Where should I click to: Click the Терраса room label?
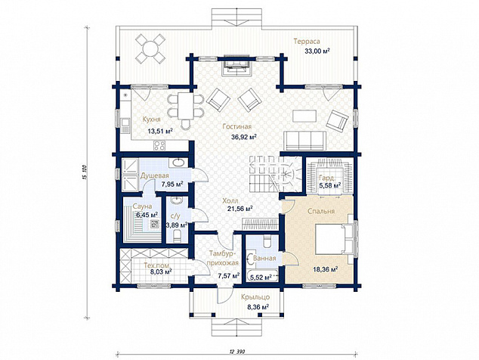pyautogui.click(x=307, y=42)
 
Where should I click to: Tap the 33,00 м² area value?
pyautogui.click(x=317, y=51)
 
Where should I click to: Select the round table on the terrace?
pyautogui.click(x=150, y=48)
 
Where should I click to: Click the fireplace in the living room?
pyautogui.click(x=237, y=66)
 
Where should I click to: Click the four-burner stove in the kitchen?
pyautogui.click(x=159, y=145)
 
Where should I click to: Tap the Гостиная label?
pyautogui.click(x=236, y=126)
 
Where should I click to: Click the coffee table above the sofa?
pyautogui.click(x=304, y=116)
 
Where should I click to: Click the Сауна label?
pyautogui.click(x=142, y=206)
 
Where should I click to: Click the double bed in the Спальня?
pyautogui.click(x=335, y=239)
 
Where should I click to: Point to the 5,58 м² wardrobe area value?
pyautogui.click(x=330, y=185)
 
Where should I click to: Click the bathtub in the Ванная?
pyautogui.click(x=263, y=276)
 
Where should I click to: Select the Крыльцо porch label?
pyautogui.click(x=255, y=297)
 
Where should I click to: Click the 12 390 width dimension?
pyautogui.click(x=237, y=352)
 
